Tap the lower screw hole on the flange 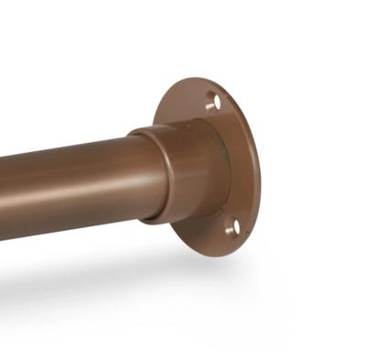(231, 225)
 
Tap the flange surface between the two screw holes (240, 165)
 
